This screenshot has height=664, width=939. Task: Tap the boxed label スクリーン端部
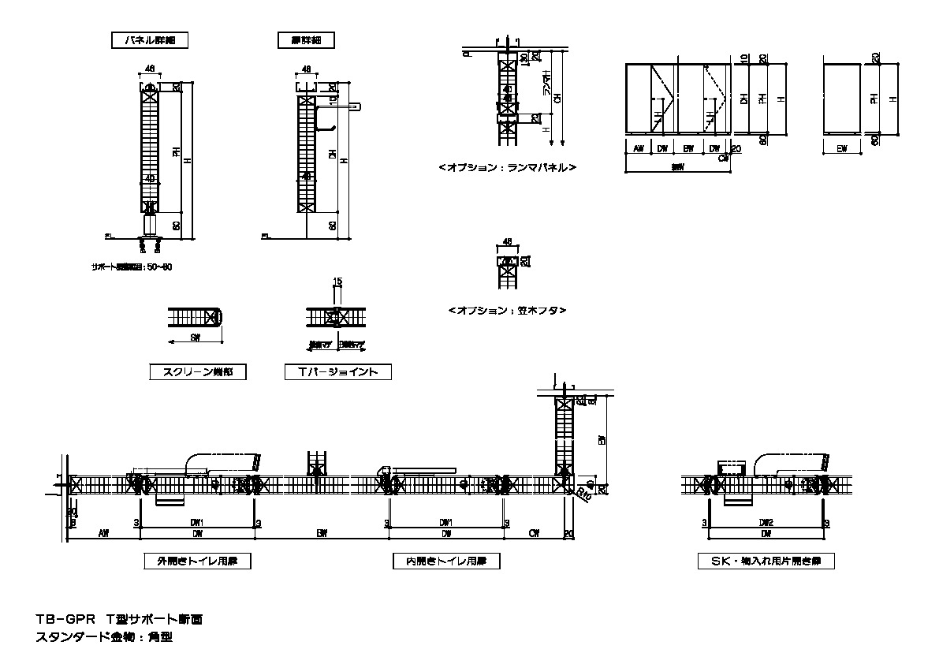(x=198, y=372)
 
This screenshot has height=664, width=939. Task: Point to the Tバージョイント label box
(x=337, y=372)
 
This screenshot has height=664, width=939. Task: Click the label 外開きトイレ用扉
(x=192, y=561)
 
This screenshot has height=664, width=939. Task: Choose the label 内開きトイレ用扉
(x=447, y=561)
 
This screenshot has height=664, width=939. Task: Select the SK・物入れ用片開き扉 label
(x=766, y=561)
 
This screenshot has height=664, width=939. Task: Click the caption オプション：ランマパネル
(x=507, y=168)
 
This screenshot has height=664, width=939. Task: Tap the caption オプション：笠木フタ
(x=507, y=311)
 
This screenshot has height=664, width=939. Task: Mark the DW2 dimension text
(x=766, y=522)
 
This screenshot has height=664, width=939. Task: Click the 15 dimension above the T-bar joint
(x=337, y=282)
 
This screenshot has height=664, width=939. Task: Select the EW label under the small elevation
(x=841, y=147)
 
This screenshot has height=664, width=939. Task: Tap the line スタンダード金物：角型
(x=103, y=637)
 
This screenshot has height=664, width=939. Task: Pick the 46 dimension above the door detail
(x=306, y=69)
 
